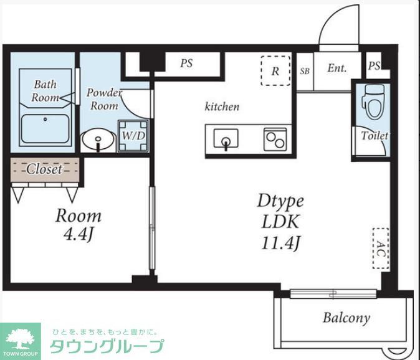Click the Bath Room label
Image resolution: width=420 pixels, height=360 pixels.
point(45,91)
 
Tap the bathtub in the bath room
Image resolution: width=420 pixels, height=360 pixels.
point(45,129)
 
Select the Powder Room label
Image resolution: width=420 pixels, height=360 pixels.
point(103,98)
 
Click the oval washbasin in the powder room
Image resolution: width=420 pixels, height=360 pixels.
point(98,140)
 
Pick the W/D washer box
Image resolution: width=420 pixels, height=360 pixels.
point(133,135)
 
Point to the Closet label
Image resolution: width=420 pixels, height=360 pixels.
point(44,169)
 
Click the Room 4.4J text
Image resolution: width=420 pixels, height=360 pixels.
point(79,225)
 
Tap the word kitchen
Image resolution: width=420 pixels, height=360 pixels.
point(222,107)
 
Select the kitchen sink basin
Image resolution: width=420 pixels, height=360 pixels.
point(226,138)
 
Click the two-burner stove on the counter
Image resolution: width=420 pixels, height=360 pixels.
point(274,138)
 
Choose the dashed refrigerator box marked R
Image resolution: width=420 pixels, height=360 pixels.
point(274,71)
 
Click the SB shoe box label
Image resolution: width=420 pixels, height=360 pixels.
point(305,70)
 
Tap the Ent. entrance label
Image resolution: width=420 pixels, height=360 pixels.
point(336,69)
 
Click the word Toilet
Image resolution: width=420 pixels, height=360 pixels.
point(375,135)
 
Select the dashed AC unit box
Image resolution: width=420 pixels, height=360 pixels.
point(380,248)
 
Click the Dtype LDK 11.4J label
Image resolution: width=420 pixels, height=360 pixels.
point(280,222)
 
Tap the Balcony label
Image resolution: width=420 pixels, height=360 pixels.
point(346,318)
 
